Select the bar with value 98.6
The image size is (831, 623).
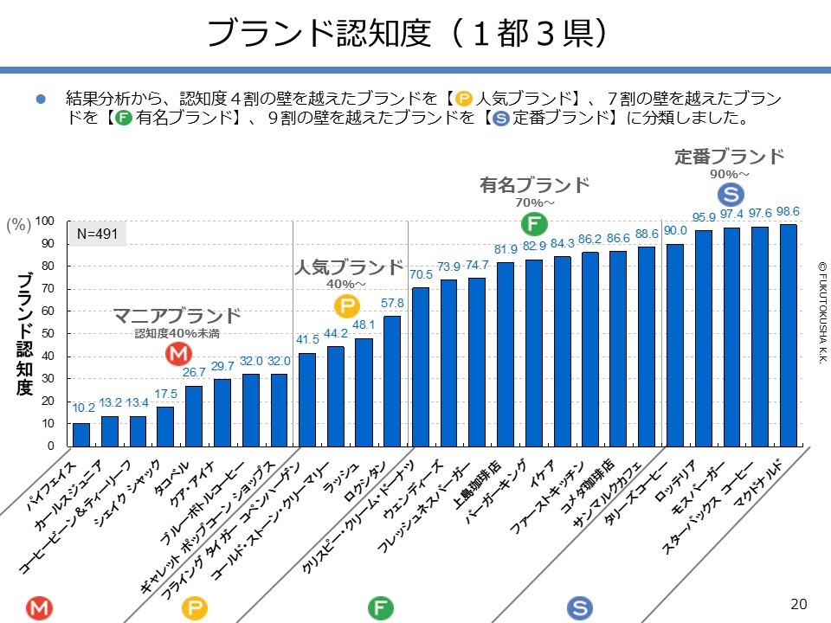[789, 336]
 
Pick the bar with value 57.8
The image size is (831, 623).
[392, 382]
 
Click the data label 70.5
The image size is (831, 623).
[421, 275]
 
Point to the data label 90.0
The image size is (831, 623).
[675, 230]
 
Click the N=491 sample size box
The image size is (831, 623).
[97, 234]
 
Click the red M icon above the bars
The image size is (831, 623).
[178, 354]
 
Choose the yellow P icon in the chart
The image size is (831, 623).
[346, 306]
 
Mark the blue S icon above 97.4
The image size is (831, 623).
[730, 195]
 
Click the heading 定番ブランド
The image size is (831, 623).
[729, 157]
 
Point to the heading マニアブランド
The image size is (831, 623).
[177, 315]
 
